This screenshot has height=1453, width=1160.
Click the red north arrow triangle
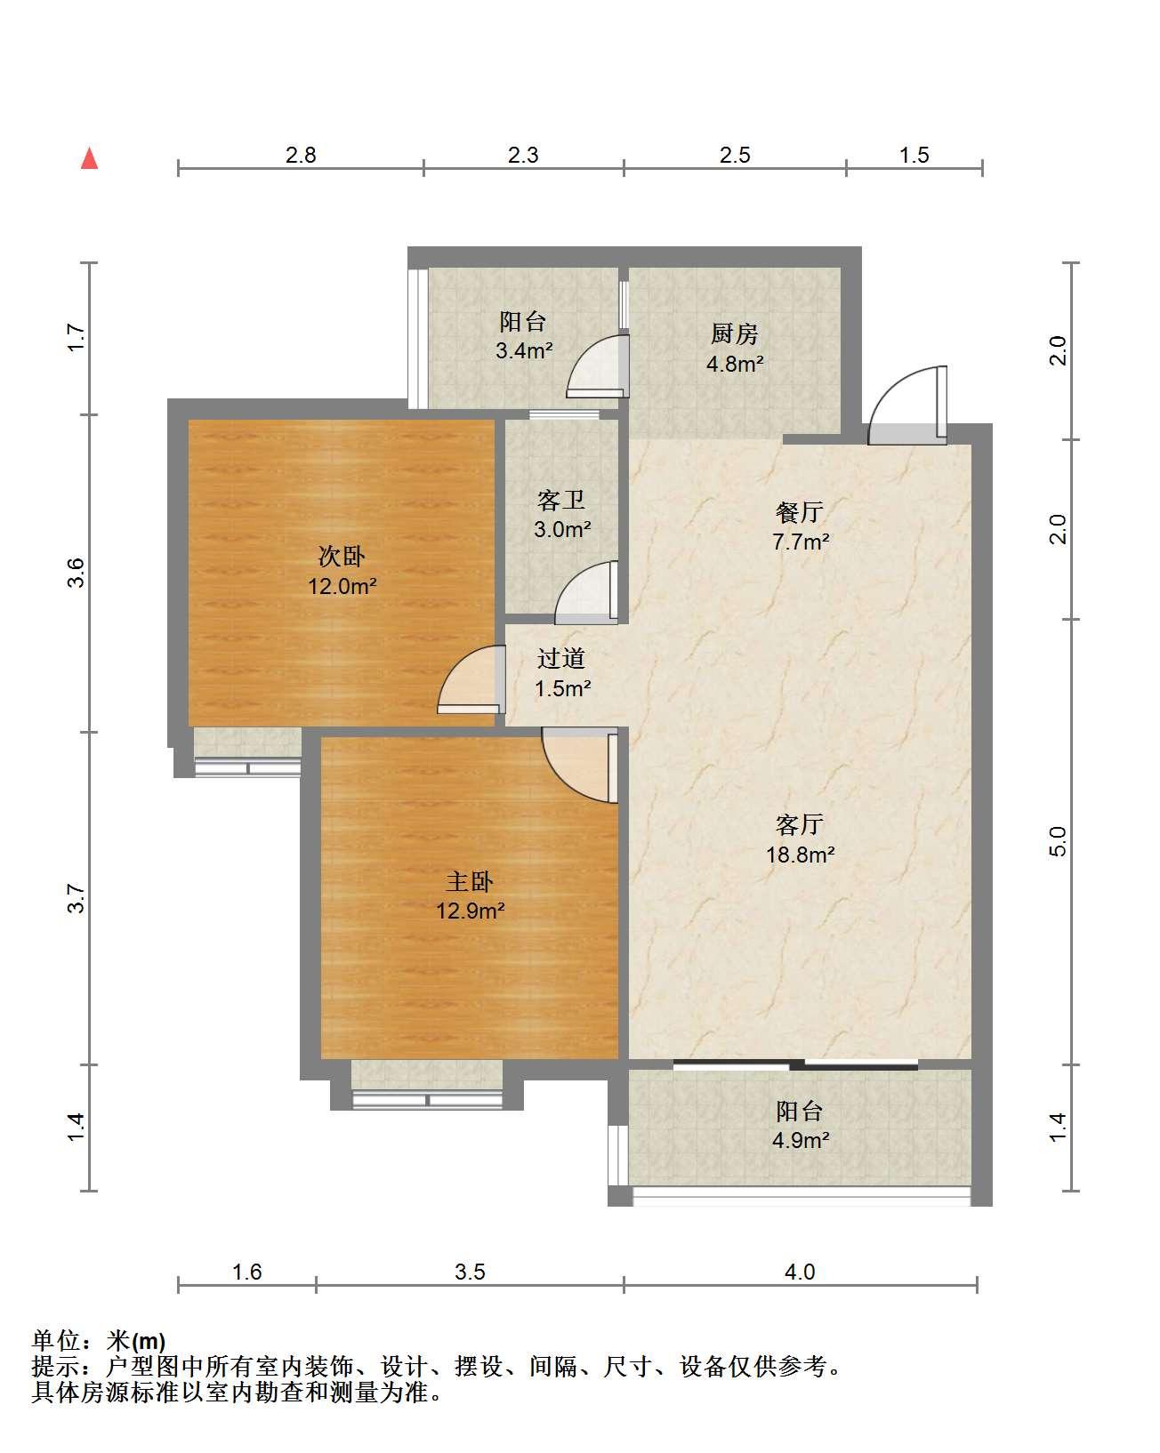coord(89,158)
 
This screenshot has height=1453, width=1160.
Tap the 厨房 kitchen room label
coord(735,333)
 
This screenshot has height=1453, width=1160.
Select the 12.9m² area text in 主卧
coord(471,911)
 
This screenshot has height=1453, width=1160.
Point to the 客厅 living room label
coord(799,824)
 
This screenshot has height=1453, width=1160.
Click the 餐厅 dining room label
coord(799,512)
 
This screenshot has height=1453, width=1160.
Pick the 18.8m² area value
coord(800,855)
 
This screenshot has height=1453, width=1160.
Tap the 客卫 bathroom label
coord(560,500)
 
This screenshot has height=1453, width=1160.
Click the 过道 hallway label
coord(560,658)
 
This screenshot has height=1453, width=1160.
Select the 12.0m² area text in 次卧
coord(342,585)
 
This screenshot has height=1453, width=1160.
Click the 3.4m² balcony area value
coord(524,350)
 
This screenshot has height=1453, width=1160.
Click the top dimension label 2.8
coord(301,156)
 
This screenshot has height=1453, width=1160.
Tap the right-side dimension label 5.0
coord(1058,841)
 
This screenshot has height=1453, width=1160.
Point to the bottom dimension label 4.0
coord(800,1272)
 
